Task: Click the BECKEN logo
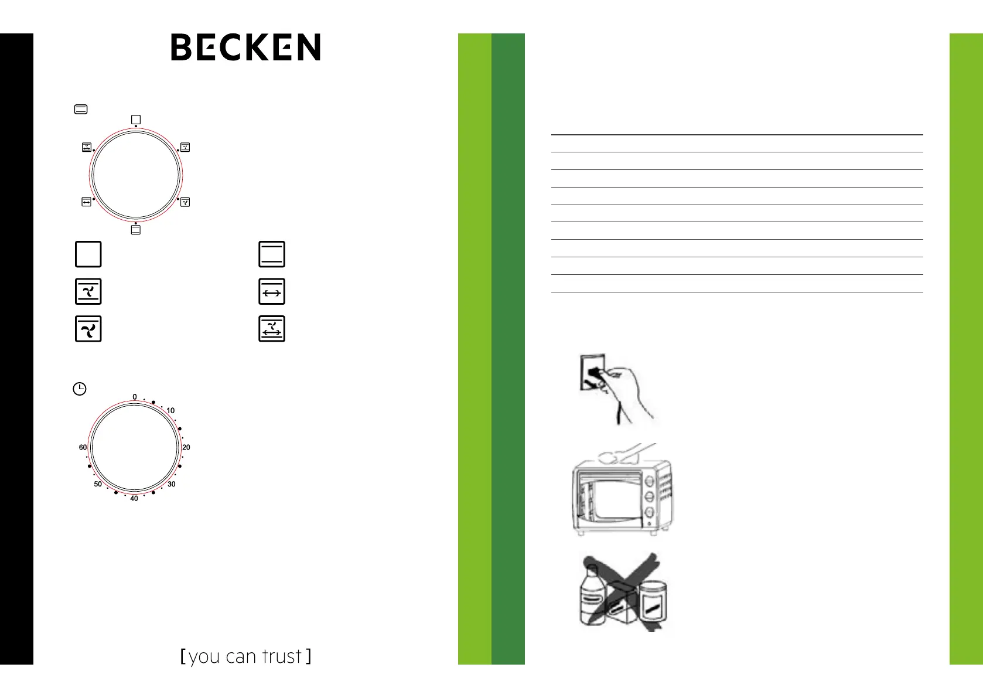pyautogui.click(x=245, y=47)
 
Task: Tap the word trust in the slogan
pyautogui.click(x=282, y=657)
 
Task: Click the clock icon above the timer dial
pyautogui.click(x=80, y=389)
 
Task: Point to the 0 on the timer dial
pyautogui.click(x=135, y=397)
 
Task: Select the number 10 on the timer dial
pyautogui.click(x=170, y=411)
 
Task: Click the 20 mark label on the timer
pyautogui.click(x=186, y=447)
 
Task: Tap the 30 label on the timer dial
pyautogui.click(x=172, y=484)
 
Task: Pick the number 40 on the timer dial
pyautogui.click(x=134, y=498)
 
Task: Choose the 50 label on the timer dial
pyautogui.click(x=98, y=484)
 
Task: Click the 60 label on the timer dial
pyautogui.click(x=83, y=447)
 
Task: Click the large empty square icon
pyautogui.click(x=88, y=254)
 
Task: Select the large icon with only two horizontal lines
pyautogui.click(x=272, y=254)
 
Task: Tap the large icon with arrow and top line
pyautogui.click(x=272, y=292)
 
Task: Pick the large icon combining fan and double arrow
pyautogui.click(x=272, y=329)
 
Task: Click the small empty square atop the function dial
pyautogui.click(x=136, y=120)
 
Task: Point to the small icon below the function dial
pyautogui.click(x=136, y=230)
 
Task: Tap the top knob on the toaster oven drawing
pyautogui.click(x=650, y=482)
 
